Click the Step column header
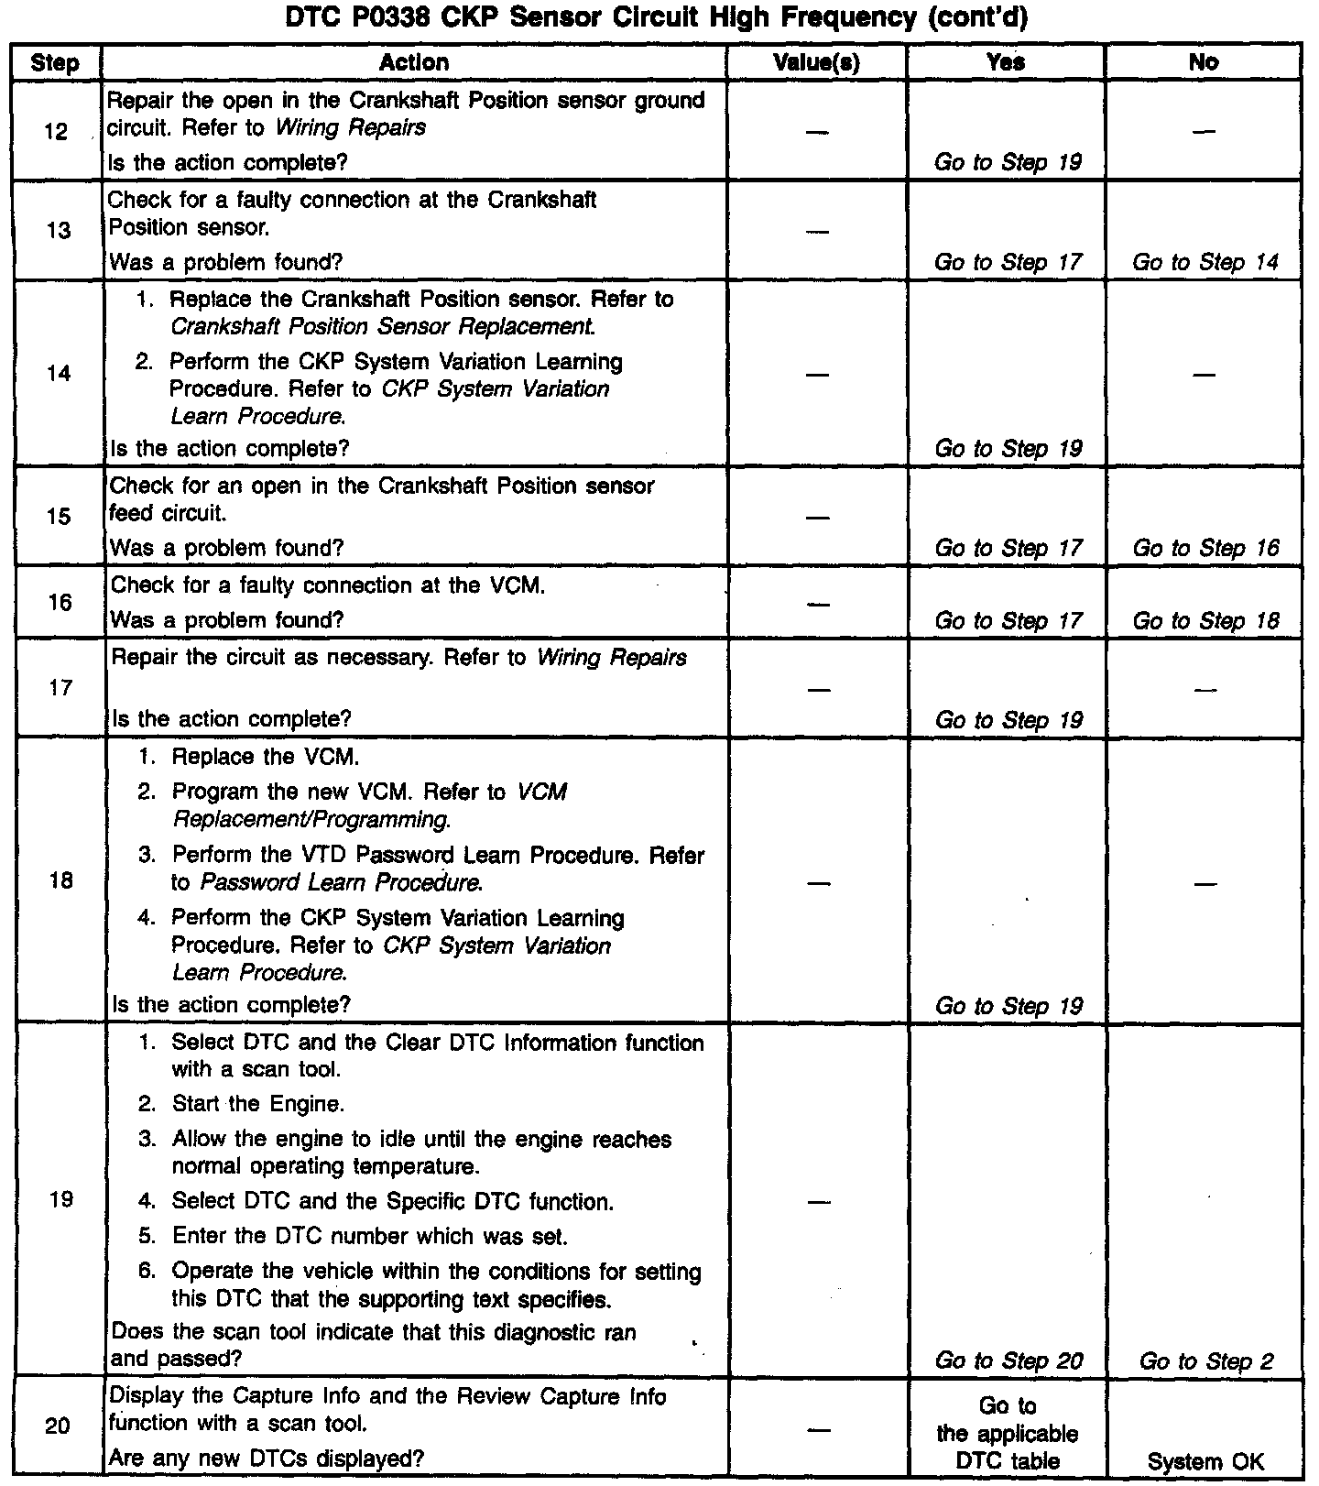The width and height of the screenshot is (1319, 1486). pos(55,62)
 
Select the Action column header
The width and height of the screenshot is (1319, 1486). pos(414,62)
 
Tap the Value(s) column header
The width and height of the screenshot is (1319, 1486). pos(816,62)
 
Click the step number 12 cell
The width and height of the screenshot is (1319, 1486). pos(56,132)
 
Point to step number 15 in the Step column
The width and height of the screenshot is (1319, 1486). pos(59,517)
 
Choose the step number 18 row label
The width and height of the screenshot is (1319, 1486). pos(60,881)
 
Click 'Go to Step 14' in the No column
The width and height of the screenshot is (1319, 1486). pos(1205,262)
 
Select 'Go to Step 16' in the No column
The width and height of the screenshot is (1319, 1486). pos(1205,548)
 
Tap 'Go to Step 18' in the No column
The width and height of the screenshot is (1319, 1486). pos(1205,620)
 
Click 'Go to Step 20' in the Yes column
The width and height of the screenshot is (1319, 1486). pos(1008,1360)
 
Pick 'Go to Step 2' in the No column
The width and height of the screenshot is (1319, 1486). pos(1205,1360)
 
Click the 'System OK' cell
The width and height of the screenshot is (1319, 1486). pos(1205,1462)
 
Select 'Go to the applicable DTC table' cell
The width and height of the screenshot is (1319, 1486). pos(1008,1434)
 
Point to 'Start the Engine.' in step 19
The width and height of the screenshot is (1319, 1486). pos(258,1104)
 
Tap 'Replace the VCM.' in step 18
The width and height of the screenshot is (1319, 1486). pos(266,757)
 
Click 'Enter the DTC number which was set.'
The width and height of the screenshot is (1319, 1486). pos(370,1236)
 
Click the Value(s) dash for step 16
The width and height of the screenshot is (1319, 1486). pos(817,603)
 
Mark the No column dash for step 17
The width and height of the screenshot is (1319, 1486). pos(1205,689)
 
